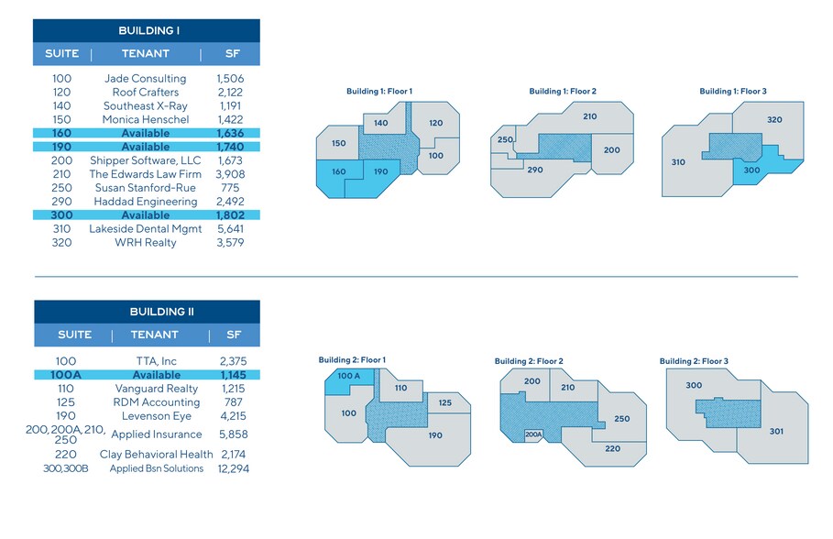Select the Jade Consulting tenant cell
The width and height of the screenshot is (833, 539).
click(x=146, y=79)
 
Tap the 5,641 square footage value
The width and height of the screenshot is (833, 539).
click(x=230, y=229)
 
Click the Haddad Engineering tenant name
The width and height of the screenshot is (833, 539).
click(x=145, y=202)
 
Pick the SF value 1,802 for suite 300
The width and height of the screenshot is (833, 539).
click(x=230, y=215)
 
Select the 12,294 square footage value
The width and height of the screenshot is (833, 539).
click(x=230, y=468)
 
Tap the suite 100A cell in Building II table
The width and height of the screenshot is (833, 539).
click(x=62, y=375)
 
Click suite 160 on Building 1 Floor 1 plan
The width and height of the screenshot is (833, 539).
click(x=338, y=172)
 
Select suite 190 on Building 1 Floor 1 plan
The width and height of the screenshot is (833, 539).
click(x=380, y=172)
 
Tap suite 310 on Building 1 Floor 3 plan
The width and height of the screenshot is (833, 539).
click(x=678, y=163)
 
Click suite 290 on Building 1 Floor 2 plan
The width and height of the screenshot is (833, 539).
click(x=535, y=170)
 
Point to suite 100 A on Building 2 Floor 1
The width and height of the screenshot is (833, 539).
click(x=349, y=377)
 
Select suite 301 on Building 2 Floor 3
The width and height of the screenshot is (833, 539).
click(x=776, y=431)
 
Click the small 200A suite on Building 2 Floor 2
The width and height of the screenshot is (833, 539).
click(x=533, y=434)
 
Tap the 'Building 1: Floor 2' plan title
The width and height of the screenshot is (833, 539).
click(x=563, y=92)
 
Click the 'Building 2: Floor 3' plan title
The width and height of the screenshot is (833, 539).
click(x=694, y=361)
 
